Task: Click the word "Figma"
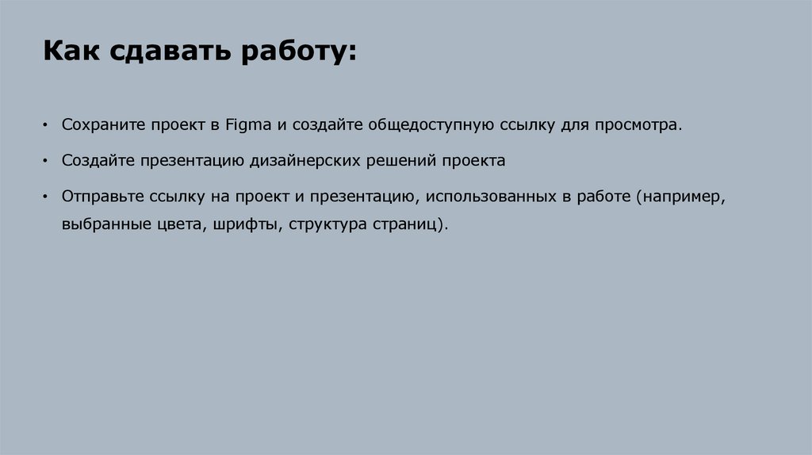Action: tap(249, 125)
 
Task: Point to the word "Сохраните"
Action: tap(101, 125)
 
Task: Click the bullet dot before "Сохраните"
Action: tap(46, 126)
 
